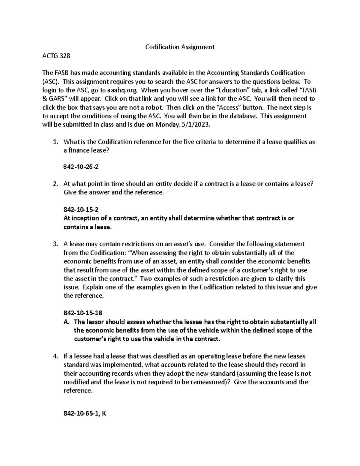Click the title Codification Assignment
click(180, 47)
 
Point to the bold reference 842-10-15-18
click(83, 313)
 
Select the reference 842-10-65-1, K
click(85, 413)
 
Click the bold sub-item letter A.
click(67, 322)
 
